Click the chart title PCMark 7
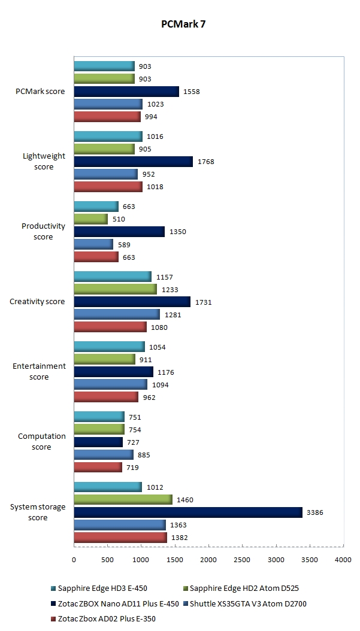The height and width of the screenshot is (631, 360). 183,25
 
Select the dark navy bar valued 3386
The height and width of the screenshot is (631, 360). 187,512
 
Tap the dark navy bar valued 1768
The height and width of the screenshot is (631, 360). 133,162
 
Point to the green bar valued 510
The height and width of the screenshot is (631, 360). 91,219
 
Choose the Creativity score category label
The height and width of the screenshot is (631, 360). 37,302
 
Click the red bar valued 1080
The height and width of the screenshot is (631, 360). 110,327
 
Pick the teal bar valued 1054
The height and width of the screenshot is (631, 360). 109,347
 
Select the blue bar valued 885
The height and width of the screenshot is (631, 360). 104,455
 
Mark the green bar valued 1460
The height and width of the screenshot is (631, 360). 123,499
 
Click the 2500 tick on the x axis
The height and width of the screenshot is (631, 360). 242,560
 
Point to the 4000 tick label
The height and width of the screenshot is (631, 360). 343,560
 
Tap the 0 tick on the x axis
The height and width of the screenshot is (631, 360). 74,560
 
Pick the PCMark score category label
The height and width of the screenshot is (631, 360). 40,92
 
